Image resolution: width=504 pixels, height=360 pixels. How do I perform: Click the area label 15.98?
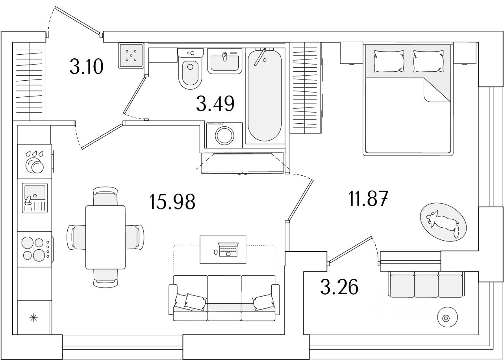[x=172, y=202]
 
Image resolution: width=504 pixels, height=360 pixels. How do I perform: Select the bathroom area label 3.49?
[x=215, y=104]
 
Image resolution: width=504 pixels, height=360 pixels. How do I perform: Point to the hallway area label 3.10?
[x=86, y=66]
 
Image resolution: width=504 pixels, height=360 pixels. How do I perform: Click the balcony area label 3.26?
[x=339, y=287]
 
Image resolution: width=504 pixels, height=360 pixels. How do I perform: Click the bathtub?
[x=264, y=95]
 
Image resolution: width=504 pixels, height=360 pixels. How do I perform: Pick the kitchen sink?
[x=35, y=197]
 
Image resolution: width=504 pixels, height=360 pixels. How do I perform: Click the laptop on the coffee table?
[x=227, y=249]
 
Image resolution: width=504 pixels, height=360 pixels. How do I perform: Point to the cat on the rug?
[x=443, y=223]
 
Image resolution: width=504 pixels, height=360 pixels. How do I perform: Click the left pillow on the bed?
[x=389, y=60]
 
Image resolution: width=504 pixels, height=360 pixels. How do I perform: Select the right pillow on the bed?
[x=428, y=60]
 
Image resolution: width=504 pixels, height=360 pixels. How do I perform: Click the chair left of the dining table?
[x=76, y=237]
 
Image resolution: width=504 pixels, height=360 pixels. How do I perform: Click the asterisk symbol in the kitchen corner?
[x=34, y=317]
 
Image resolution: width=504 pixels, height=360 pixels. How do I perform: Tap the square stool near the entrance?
[x=130, y=55]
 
